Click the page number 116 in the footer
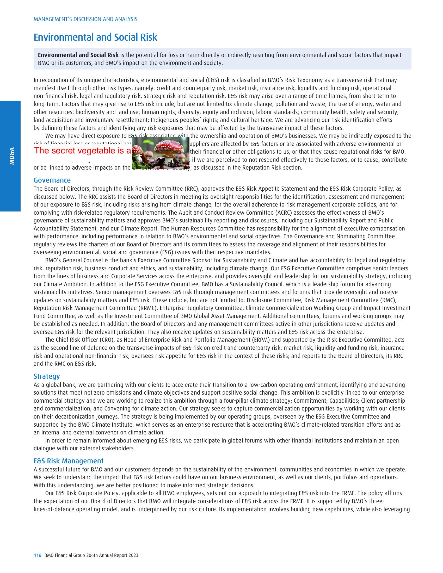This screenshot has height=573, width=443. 38,555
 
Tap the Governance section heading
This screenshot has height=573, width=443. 52,180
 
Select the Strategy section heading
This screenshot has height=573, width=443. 47,376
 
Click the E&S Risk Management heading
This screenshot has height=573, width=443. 69,461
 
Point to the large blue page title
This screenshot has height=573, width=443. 95,37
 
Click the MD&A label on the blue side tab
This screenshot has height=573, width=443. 12,156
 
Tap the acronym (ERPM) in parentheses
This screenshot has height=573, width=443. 260,340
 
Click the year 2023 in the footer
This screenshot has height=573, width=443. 133,555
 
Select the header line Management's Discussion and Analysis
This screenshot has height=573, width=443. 85,19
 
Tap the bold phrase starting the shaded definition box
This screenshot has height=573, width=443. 78,55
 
